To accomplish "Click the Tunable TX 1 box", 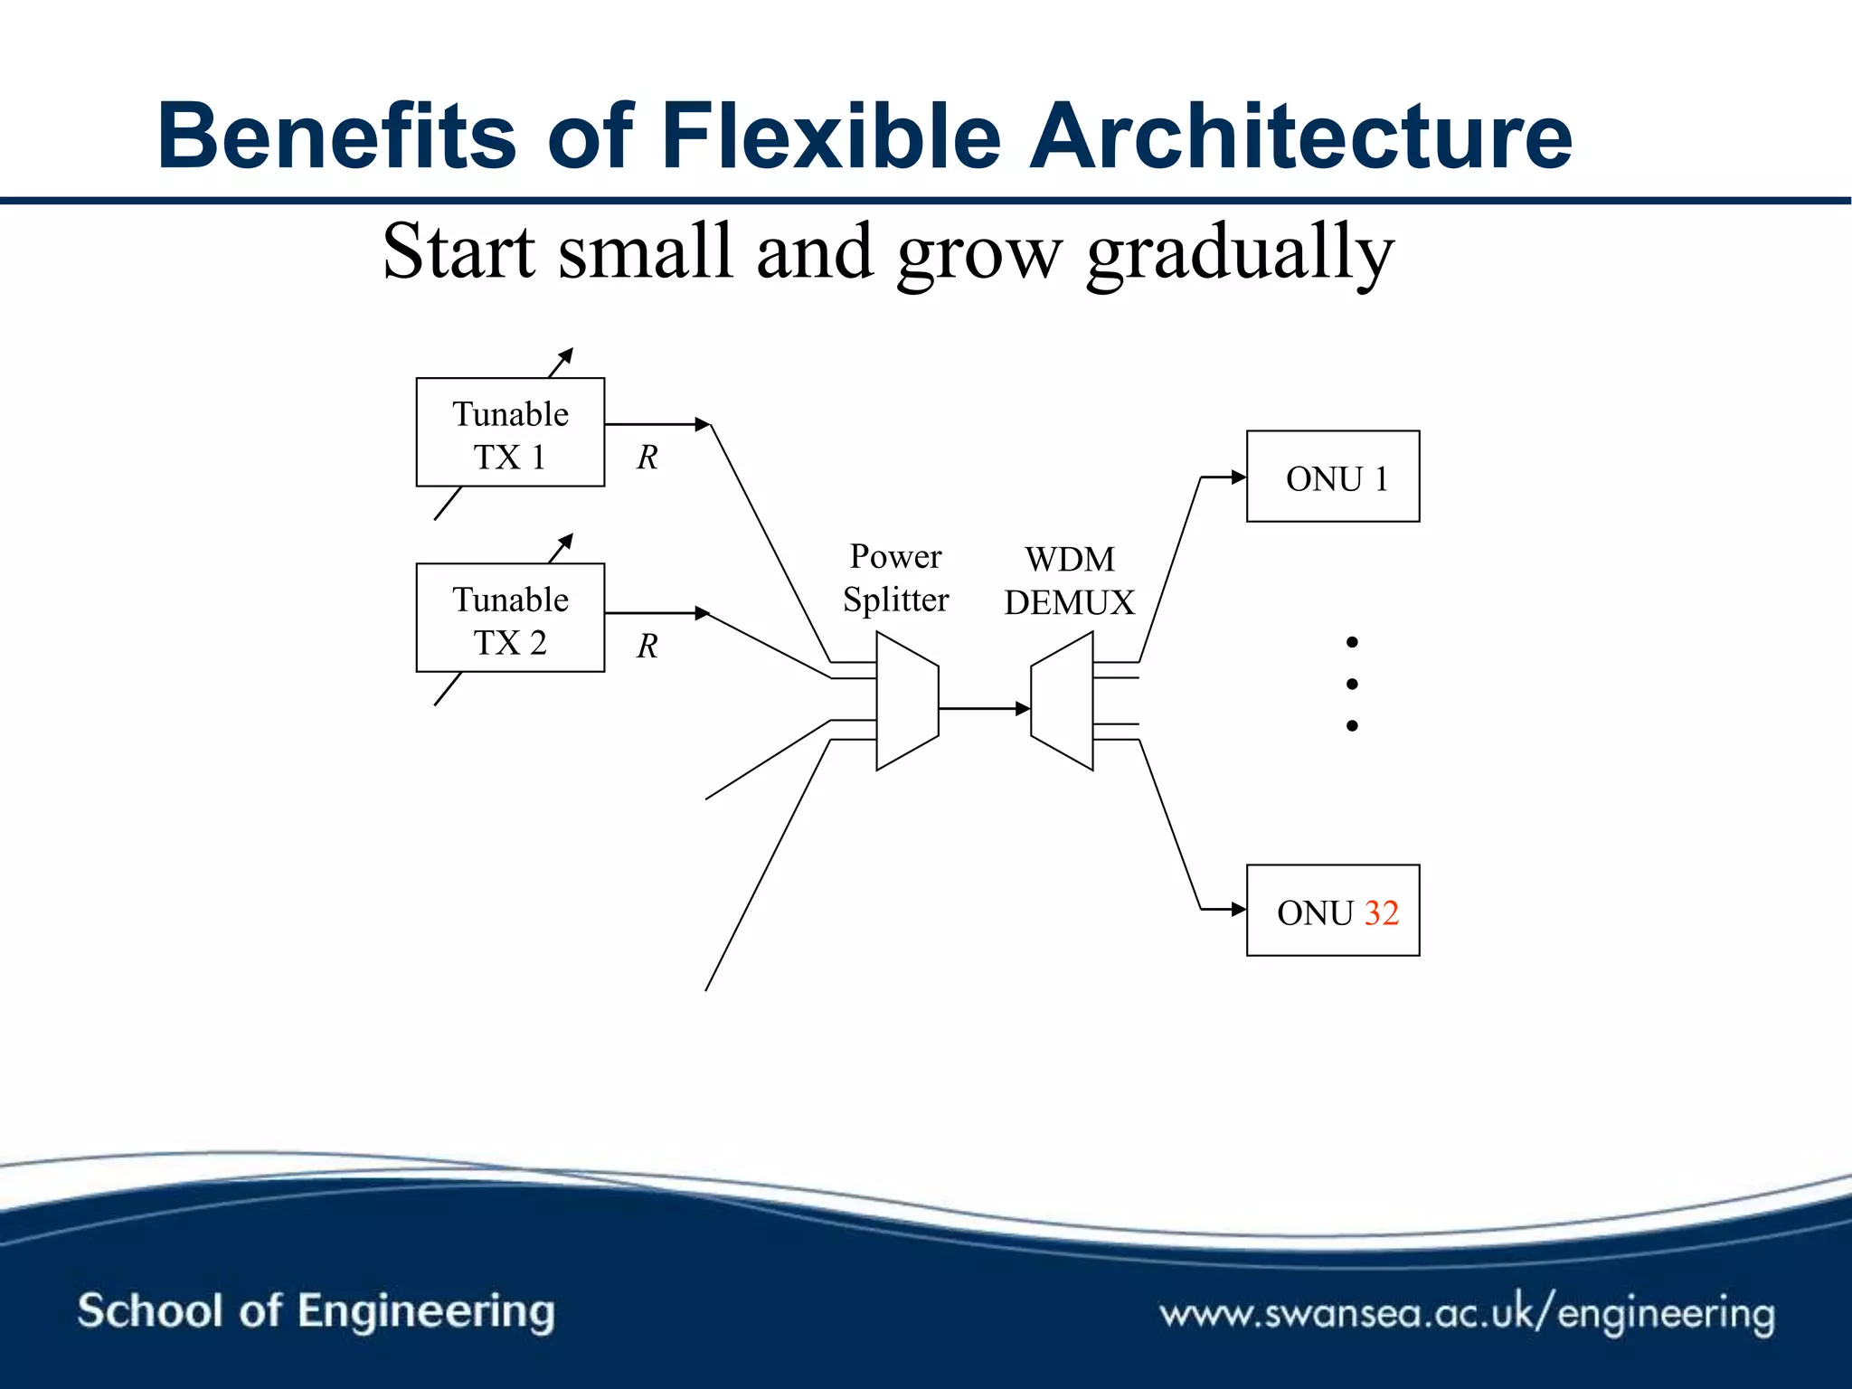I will pos(510,432).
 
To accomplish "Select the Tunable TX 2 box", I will pos(510,618).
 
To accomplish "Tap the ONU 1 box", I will pos(1333,477).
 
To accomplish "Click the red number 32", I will pos(1381,912).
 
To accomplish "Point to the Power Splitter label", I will pos(895,578).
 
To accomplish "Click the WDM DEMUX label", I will pos(1069,581).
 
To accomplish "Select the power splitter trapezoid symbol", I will pos(907,701).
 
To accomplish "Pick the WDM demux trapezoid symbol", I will pos(1063,701).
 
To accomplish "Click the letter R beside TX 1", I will pos(647,458).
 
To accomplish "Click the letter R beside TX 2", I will pos(647,646).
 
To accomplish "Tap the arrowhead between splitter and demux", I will pos(1023,708).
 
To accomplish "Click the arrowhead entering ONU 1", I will pos(1239,477).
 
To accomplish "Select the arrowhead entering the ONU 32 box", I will pos(1239,909).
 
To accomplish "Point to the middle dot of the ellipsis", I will pos(1352,684).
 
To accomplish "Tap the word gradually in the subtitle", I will pos(1240,253).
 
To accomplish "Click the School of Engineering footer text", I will pos(316,1311).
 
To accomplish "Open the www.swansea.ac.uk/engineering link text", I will pos(1467,1313).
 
